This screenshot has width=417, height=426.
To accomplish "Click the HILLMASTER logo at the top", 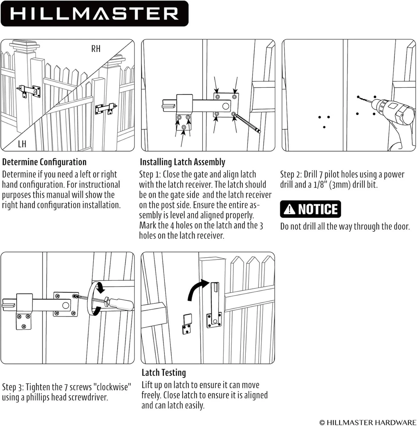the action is (95, 14).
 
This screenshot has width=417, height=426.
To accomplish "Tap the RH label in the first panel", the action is (96, 49).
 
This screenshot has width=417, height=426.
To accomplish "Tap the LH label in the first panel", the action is (22, 144).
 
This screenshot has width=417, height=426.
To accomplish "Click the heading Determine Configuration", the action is (44, 162).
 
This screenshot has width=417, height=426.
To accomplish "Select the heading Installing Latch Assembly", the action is (182, 162).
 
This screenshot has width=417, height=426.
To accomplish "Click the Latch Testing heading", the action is (164, 372).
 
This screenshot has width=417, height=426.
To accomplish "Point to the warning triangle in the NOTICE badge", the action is (289, 209).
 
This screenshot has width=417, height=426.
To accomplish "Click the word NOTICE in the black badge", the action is (318, 209).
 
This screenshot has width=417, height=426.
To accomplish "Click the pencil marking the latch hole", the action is (247, 123).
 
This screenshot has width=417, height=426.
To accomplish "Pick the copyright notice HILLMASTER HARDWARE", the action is (367, 422).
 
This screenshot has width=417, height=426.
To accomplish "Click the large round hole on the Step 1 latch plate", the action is (225, 106).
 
